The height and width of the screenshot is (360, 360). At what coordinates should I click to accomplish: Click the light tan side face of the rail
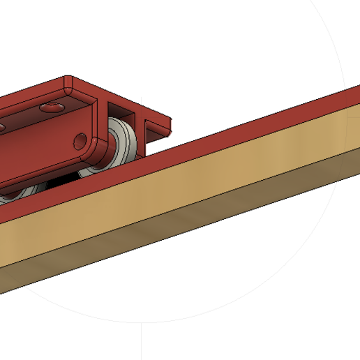coord(209,178)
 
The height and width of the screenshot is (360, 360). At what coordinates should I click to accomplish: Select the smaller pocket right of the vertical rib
coord(152,126)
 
